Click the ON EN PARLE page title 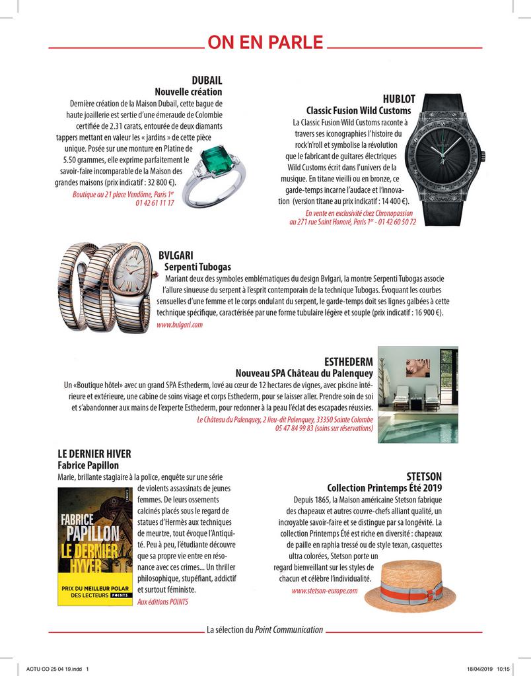(x=265, y=44)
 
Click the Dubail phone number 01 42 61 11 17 (x=155, y=203)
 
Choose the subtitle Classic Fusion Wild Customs (x=358, y=110)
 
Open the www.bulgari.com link (x=180, y=325)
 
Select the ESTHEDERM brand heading (x=349, y=362)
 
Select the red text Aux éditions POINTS (x=162, y=602)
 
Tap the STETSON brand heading (x=423, y=476)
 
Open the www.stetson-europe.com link (x=324, y=591)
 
